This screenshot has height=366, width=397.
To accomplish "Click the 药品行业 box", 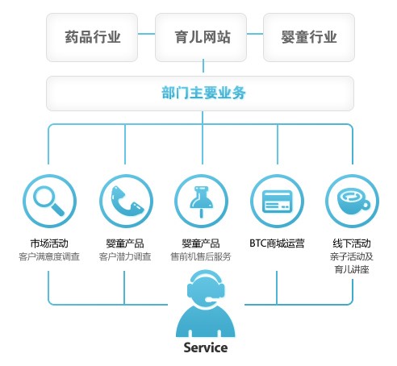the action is pyautogui.click(x=92, y=37).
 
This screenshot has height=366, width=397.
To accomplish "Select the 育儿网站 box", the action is pyautogui.click(x=201, y=37).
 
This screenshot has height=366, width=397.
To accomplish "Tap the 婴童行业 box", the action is pyautogui.click(x=309, y=37).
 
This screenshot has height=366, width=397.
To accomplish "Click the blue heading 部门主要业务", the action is pyautogui.click(x=203, y=93).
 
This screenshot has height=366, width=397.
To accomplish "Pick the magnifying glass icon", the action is pyautogui.click(x=49, y=202).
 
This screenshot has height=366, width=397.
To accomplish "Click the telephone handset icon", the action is pyautogui.click(x=127, y=202).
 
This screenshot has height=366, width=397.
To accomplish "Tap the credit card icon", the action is pyautogui.click(x=277, y=202).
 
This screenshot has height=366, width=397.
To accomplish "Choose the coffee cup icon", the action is pyautogui.click(x=353, y=202).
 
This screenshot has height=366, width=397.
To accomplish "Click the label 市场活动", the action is pyautogui.click(x=49, y=243).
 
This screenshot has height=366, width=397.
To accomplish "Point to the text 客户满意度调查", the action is pyautogui.click(x=49, y=256).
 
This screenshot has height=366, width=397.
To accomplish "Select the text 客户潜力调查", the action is pyautogui.click(x=125, y=256).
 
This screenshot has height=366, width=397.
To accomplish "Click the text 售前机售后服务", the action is pyautogui.click(x=201, y=256).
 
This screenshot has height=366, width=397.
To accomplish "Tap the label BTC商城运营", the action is pyautogui.click(x=277, y=243).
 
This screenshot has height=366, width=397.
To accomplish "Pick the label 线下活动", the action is pyautogui.click(x=352, y=243).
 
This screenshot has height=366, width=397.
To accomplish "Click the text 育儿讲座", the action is pyautogui.click(x=352, y=269).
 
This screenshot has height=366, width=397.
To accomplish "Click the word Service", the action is pyautogui.click(x=206, y=347).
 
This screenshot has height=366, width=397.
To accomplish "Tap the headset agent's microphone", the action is pyautogui.click(x=209, y=299).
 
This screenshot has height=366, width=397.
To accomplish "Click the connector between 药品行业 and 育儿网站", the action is pyautogui.click(x=146, y=34).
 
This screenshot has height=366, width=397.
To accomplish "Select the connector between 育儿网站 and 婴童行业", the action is pyautogui.click(x=255, y=34).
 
